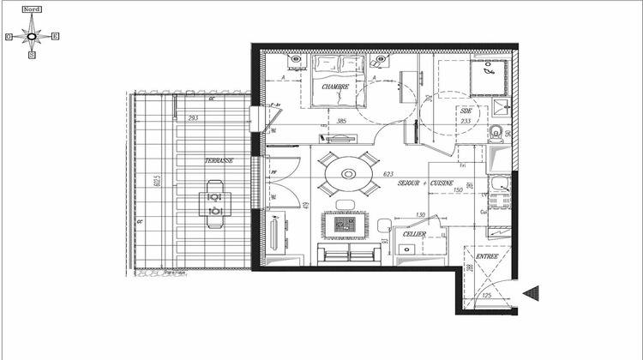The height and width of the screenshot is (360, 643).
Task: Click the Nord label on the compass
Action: pos(33,8)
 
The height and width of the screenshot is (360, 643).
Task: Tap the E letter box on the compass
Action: pos(56,36)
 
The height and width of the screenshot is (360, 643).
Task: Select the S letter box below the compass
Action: pos(32,56)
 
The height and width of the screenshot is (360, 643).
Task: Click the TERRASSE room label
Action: pos(218,160)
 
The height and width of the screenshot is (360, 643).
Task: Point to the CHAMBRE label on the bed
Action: pos(335,87)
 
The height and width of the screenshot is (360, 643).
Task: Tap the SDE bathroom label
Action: pos(466,111)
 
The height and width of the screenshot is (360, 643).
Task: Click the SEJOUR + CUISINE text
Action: pos(426,182)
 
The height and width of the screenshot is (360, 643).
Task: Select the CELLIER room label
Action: pos(415,233)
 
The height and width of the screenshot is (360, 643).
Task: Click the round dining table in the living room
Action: pos(349,174)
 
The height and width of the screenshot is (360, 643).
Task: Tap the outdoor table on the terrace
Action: pos(215,203)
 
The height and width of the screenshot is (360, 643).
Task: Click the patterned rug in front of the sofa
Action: pos(346,225)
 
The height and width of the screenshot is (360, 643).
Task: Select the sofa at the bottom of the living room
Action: pos(350,254)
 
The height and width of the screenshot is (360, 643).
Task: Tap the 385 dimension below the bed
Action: pos(341,121)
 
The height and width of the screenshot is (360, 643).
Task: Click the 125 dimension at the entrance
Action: pos(486,297)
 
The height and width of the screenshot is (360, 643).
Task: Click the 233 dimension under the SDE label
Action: pos(466,121)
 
